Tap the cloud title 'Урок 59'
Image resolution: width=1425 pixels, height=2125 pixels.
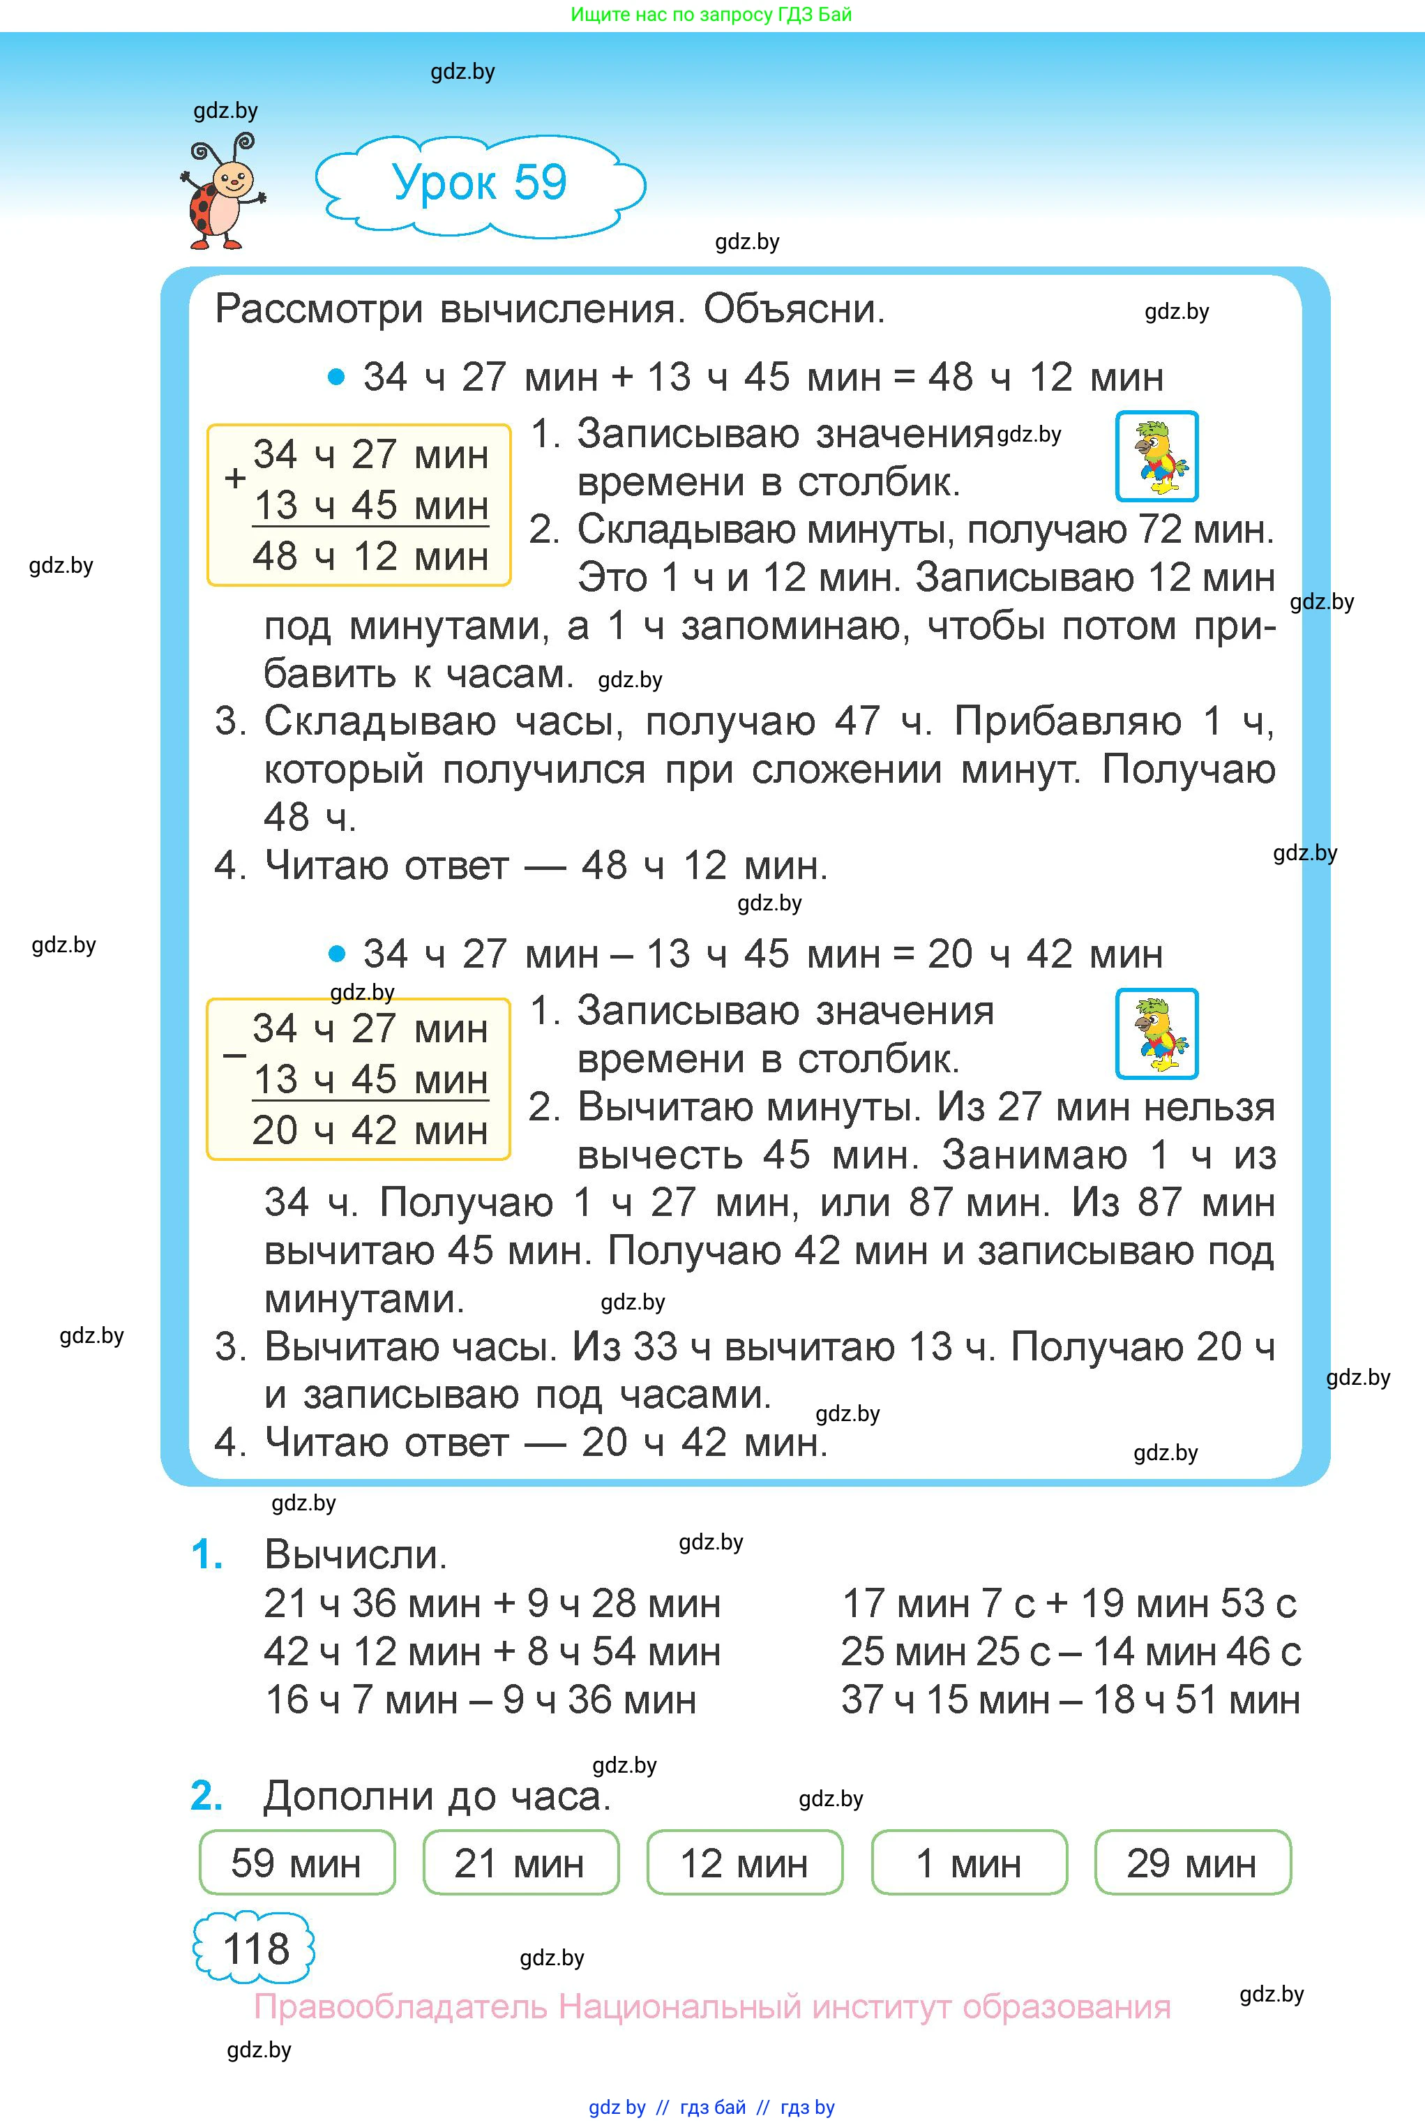479,183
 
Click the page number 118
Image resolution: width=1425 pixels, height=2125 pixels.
255,1948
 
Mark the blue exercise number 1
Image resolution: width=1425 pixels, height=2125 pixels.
207,1555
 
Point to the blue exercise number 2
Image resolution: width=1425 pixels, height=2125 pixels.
207,1796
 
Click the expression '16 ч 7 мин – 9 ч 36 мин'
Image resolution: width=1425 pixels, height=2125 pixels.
481,1699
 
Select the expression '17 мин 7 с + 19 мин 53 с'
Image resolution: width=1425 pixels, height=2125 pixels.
1069,1604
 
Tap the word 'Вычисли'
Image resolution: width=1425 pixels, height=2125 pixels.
355,1555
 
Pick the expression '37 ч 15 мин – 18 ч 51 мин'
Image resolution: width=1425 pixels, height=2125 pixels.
1071,1699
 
